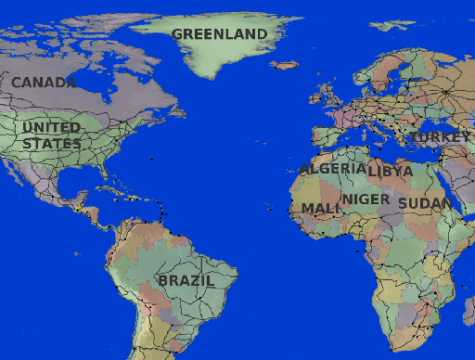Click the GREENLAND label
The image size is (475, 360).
219,34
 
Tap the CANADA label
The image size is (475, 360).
44,83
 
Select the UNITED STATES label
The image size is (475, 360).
52,135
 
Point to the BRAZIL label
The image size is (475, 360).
186,280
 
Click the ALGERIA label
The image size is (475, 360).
332,169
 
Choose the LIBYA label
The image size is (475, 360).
391,172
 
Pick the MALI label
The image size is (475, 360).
321,208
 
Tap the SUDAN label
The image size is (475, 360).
425,203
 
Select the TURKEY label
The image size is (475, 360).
440,137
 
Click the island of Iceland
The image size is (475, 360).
286,66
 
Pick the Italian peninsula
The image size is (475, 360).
366,125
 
